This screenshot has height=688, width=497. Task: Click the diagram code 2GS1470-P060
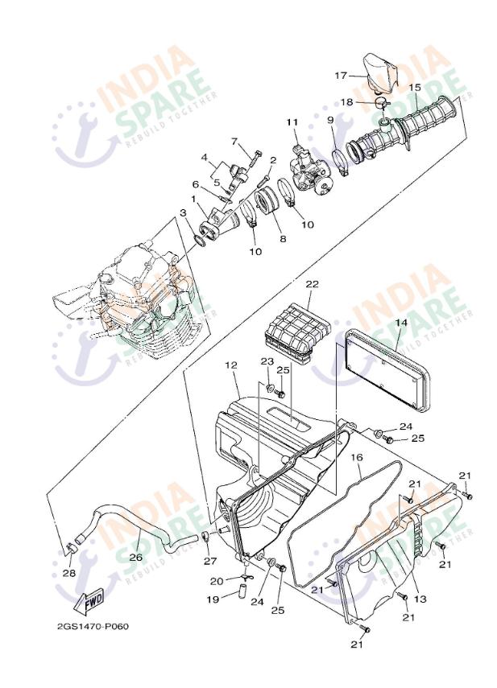click(x=93, y=626)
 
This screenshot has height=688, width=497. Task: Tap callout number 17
click(x=341, y=76)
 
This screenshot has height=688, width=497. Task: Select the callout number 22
click(x=313, y=284)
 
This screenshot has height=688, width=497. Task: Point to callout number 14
click(x=401, y=323)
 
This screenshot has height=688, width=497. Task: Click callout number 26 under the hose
click(x=135, y=557)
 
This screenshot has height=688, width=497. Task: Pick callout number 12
click(x=231, y=365)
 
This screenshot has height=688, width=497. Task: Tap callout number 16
click(x=357, y=457)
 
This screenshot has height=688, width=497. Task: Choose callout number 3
click(x=183, y=212)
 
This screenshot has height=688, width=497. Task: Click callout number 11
click(x=292, y=122)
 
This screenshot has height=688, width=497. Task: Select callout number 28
click(x=69, y=573)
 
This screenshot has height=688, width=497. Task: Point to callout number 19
click(x=213, y=599)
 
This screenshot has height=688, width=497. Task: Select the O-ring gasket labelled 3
click(x=199, y=241)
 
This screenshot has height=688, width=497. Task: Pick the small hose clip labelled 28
click(x=71, y=549)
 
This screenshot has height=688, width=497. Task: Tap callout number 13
click(x=420, y=599)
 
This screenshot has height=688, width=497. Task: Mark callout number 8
click(x=284, y=239)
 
